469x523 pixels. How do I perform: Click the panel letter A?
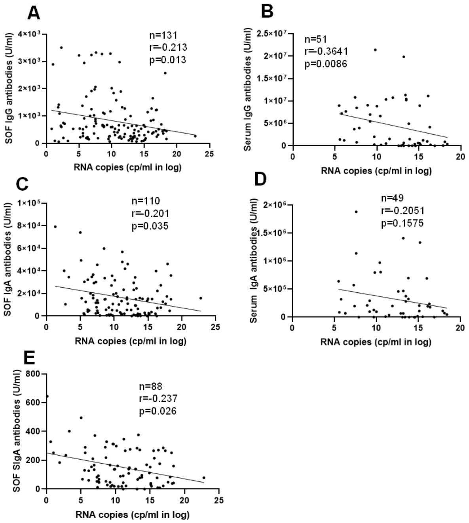click(x=34, y=13)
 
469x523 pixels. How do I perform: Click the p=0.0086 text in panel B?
click(x=326, y=64)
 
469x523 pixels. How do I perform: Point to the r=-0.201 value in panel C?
click(x=150, y=214)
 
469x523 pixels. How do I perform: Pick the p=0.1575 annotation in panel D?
click(x=402, y=223)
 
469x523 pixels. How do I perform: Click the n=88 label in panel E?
click(x=150, y=386)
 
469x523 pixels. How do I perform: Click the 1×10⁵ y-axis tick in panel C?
click(x=30, y=203)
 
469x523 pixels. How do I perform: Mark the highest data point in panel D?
click(x=356, y=212)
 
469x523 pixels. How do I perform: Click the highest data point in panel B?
click(x=375, y=50)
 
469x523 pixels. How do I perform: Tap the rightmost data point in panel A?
click(x=195, y=136)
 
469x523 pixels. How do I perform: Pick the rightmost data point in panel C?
click(x=201, y=298)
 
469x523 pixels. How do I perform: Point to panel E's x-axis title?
click(x=133, y=515)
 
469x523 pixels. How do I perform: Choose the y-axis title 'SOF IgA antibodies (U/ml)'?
click(x=8, y=259)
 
